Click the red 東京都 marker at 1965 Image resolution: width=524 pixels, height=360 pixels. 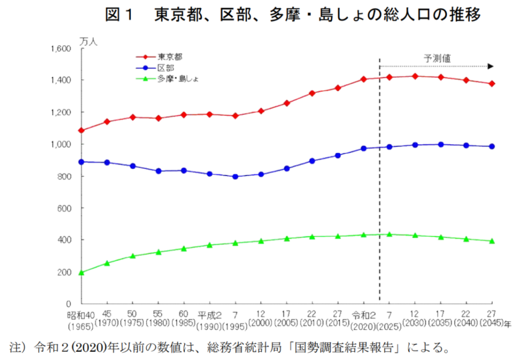pyautogui.click(x=81, y=131)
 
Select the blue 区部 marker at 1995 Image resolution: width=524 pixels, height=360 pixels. pyautogui.click(x=235, y=177)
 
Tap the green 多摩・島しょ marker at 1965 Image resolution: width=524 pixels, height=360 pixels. pyautogui.click(x=81, y=272)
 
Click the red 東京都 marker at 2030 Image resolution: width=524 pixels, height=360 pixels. pyautogui.click(x=414, y=76)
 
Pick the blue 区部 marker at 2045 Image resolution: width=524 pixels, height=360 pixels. pyautogui.click(x=492, y=146)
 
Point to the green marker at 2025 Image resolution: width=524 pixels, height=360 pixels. pyautogui.click(x=389, y=234)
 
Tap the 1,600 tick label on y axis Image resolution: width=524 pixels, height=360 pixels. pyautogui.click(x=60, y=49)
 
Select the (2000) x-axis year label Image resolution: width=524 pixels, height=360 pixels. pyautogui.click(x=260, y=324)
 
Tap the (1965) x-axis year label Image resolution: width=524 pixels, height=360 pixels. pyautogui.click(x=80, y=324)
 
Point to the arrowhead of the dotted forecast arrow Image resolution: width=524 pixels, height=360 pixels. pyautogui.click(x=490, y=66)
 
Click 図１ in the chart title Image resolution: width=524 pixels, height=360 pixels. pyautogui.click(x=119, y=15)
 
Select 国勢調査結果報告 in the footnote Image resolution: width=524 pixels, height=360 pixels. pyautogui.click(x=345, y=348)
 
